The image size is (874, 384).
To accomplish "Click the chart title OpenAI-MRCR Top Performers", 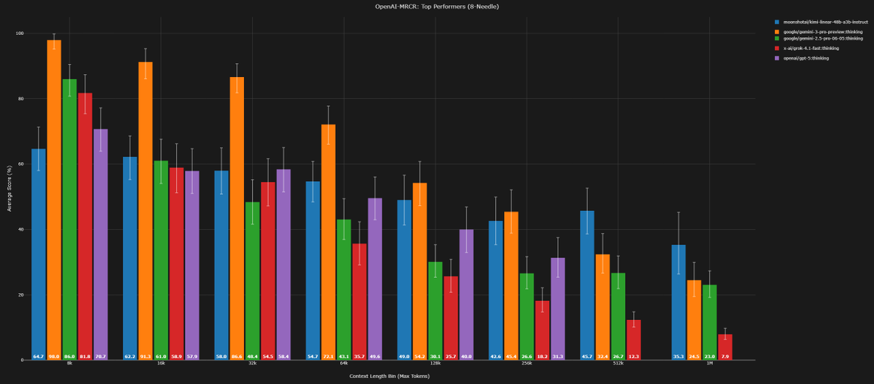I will click(436, 6).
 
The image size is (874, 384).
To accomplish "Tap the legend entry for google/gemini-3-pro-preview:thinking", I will click(816, 32).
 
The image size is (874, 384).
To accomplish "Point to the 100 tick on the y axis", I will click(20, 33).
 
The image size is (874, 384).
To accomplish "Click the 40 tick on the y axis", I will click(22, 229).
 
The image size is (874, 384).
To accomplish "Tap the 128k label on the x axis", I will click(435, 364).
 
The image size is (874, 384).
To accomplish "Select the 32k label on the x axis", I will click(252, 364).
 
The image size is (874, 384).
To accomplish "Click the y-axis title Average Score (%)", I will click(9, 196).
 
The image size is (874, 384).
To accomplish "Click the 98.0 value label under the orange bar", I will click(54, 356).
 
